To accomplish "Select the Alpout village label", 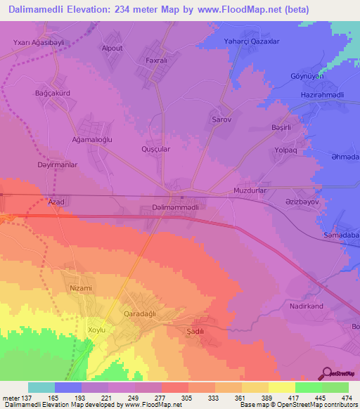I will [x=112, y=48].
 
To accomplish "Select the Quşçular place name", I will [x=156, y=150].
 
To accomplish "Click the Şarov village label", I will [x=222, y=120].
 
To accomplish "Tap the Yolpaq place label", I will [x=291, y=151].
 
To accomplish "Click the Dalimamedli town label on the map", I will [x=179, y=208].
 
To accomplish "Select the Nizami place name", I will [x=81, y=288].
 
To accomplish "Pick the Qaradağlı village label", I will [x=143, y=313].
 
